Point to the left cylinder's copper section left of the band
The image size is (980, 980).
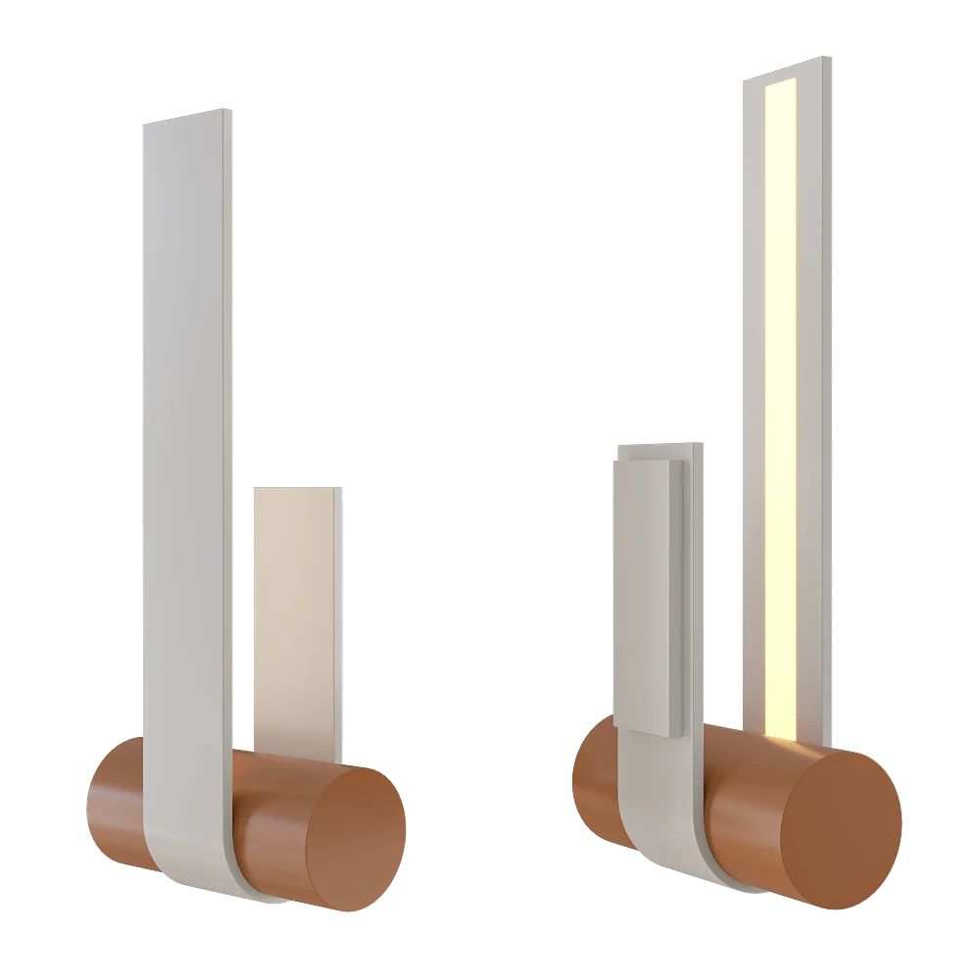tap(116, 804)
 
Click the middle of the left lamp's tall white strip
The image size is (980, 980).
tap(185, 441)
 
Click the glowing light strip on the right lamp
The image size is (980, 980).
tap(782, 392)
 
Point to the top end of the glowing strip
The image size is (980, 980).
tap(783, 83)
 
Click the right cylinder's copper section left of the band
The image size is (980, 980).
tap(594, 784)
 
